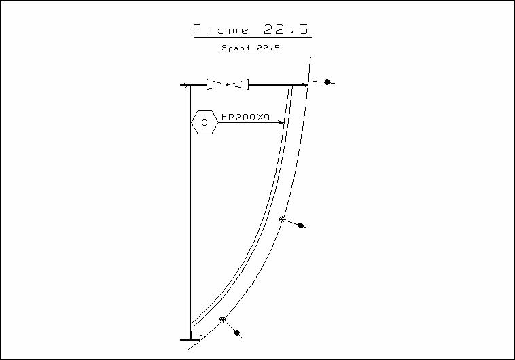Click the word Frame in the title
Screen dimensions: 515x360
point(221,30)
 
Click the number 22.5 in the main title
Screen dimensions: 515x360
point(286,30)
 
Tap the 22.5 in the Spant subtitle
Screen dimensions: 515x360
point(268,48)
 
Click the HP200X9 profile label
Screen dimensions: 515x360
point(246,117)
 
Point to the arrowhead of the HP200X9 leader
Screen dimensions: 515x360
point(281,122)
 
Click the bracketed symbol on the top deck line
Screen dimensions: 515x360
point(228,84)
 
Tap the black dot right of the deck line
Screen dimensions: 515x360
point(327,82)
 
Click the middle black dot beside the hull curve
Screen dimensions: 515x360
point(301,226)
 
